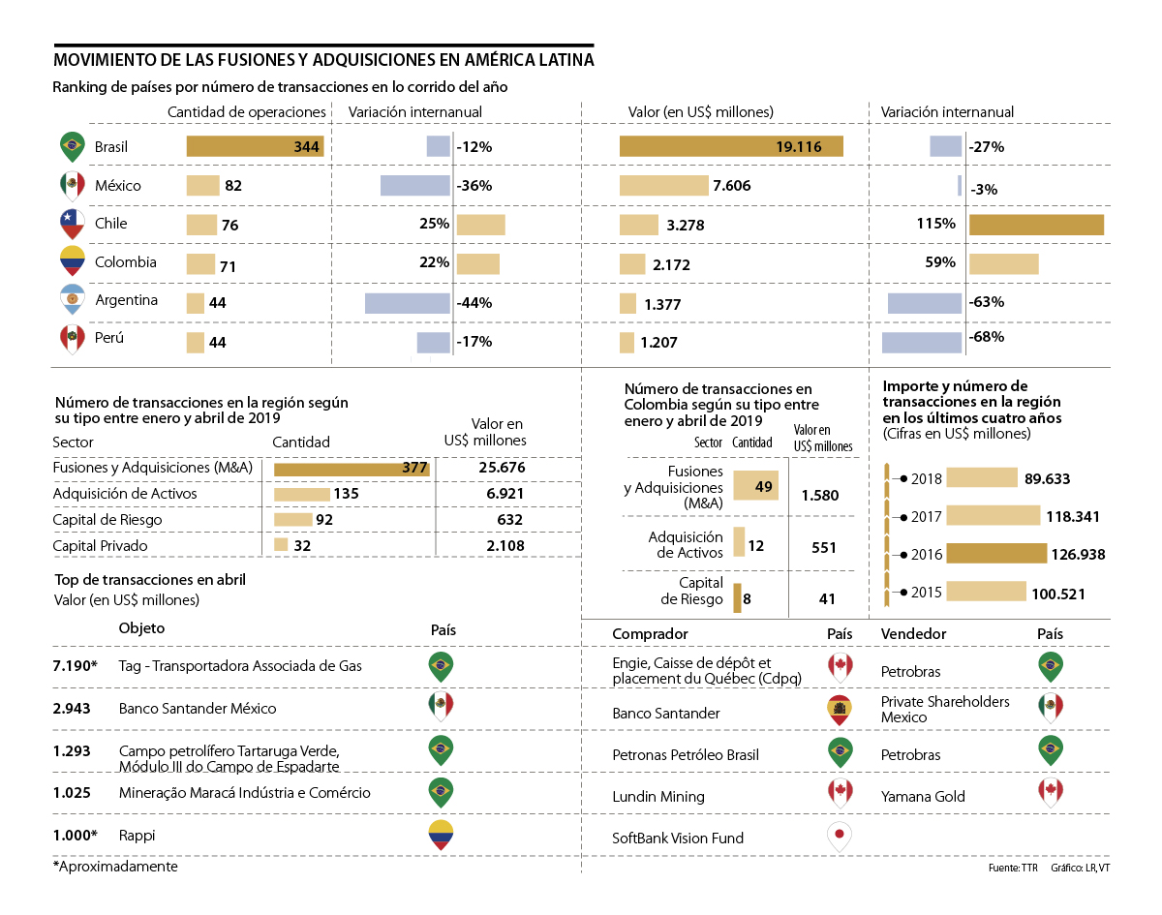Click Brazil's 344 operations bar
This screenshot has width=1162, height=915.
pyautogui.click(x=255, y=147)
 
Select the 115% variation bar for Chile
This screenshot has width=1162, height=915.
pyautogui.click(x=1036, y=224)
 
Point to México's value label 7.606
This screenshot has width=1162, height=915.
pyautogui.click(x=731, y=186)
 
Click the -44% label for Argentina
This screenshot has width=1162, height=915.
pyautogui.click(x=474, y=302)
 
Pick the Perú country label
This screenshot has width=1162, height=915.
pyautogui.click(x=109, y=339)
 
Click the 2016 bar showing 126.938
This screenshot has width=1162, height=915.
pyautogui.click(x=996, y=554)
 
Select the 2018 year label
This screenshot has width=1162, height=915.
pyautogui.click(x=927, y=478)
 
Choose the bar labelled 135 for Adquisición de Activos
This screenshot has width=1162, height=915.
pyautogui.click(x=302, y=494)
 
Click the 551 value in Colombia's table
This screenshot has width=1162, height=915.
pyautogui.click(x=824, y=547)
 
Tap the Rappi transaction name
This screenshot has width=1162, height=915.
pyautogui.click(x=137, y=835)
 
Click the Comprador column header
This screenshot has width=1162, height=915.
pyautogui.click(x=650, y=633)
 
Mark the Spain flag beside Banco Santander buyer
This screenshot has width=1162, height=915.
pyautogui.click(x=840, y=711)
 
